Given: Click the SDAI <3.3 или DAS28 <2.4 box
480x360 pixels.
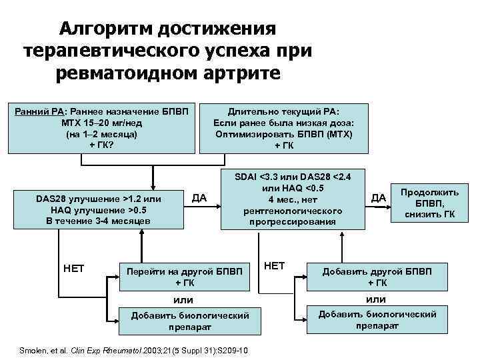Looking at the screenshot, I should (x=293, y=199).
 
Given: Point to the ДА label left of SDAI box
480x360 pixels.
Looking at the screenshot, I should (x=199, y=197).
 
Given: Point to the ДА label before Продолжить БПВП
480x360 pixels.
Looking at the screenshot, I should (x=379, y=197).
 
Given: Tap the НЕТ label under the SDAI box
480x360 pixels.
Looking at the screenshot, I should (x=275, y=265).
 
